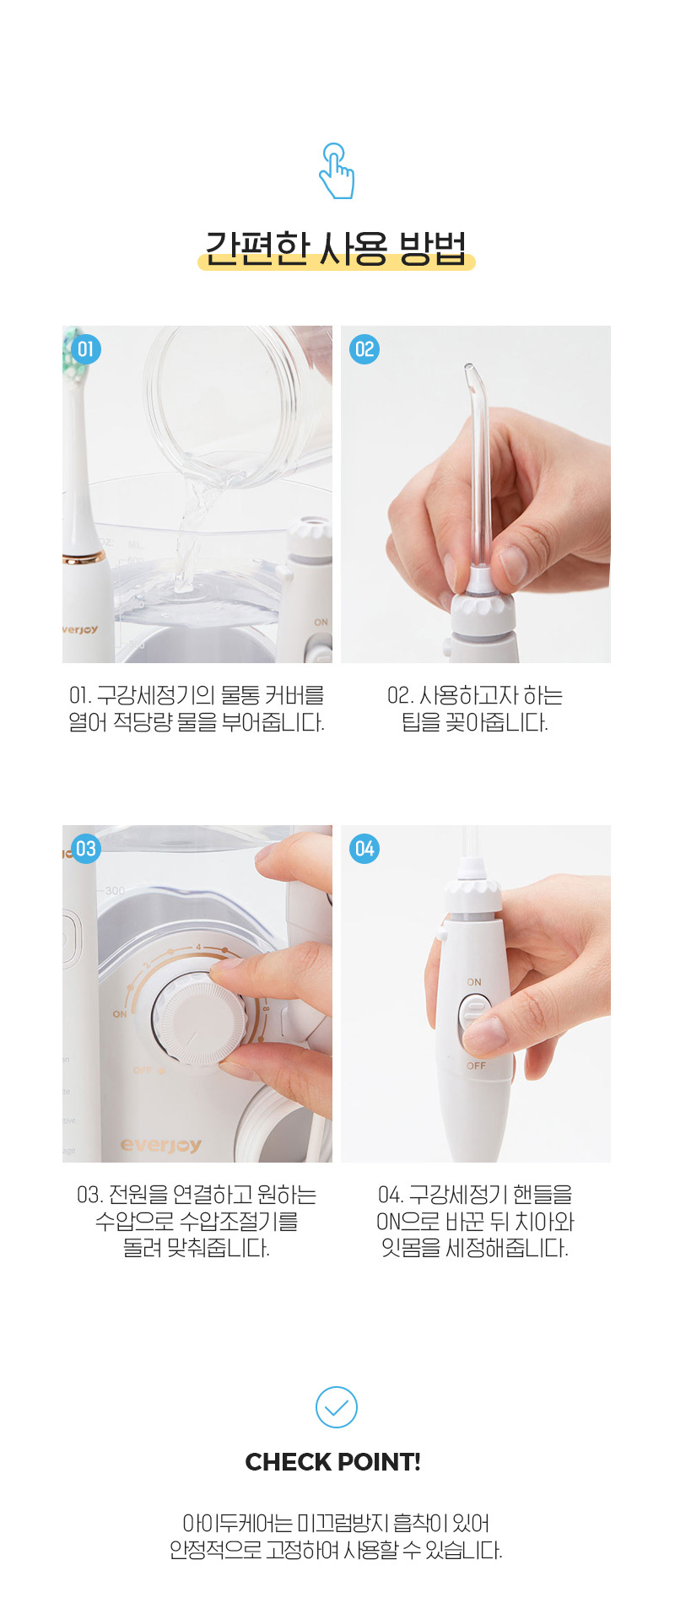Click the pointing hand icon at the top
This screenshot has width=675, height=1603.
pyautogui.click(x=337, y=170)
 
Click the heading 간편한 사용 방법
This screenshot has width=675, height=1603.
pyautogui.click(x=336, y=248)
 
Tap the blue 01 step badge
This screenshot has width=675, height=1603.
pyautogui.click(x=85, y=349)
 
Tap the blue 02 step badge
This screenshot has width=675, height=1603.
pyautogui.click(x=364, y=349)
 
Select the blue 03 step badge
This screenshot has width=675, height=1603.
pyautogui.click(x=85, y=849)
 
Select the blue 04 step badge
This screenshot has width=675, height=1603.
pyautogui.click(x=364, y=849)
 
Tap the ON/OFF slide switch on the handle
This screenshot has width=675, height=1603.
pyautogui.click(x=474, y=1023)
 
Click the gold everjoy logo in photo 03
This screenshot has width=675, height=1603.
pyautogui.click(x=161, y=1145)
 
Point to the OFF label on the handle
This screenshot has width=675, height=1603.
pyautogui.click(x=476, y=1066)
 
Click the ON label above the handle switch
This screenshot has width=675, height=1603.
pyautogui.click(x=474, y=982)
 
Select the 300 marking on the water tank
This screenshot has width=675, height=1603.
pyautogui.click(x=115, y=890)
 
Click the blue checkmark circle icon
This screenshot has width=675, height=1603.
pyautogui.click(x=337, y=1407)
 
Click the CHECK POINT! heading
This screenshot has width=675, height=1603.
pyautogui.click(x=333, y=1462)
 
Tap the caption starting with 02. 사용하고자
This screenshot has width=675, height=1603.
pyautogui.click(x=475, y=709)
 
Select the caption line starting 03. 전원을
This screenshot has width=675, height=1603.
pyautogui.click(x=197, y=1195)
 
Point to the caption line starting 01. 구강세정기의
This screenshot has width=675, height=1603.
pyautogui.click(x=197, y=695)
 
